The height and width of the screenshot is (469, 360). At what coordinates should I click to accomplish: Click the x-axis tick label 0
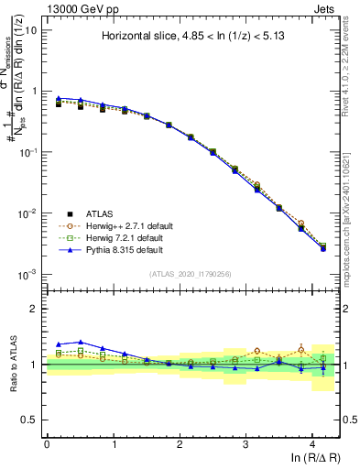[x=47, y=443]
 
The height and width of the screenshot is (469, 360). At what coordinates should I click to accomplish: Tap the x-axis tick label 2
[x=180, y=443]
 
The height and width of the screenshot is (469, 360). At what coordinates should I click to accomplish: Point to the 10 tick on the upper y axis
[x=31, y=30]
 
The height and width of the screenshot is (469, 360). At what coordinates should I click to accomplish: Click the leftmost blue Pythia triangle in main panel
[x=59, y=98]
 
